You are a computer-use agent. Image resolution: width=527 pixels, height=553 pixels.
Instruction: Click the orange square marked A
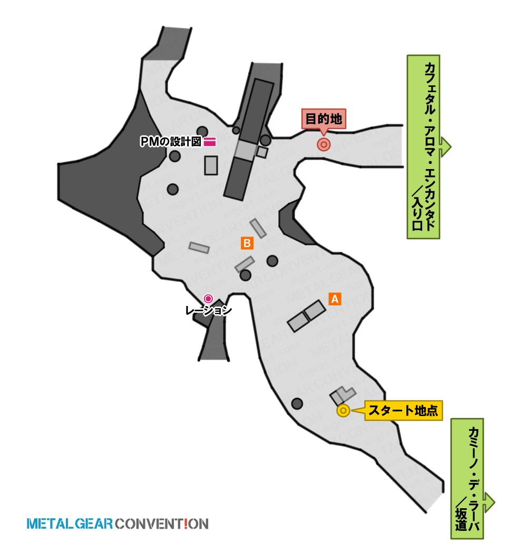(x=335, y=299)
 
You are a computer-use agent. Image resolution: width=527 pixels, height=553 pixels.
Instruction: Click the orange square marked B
(x=247, y=243)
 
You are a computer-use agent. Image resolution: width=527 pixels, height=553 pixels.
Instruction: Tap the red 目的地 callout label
(x=324, y=119)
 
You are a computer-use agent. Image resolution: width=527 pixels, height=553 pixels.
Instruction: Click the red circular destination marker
(x=324, y=144)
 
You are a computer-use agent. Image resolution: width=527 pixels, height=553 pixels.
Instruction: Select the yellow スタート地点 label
(x=403, y=410)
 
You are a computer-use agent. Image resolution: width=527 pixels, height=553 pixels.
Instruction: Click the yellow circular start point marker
(x=343, y=410)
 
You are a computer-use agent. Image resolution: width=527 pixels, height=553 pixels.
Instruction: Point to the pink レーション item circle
(x=208, y=299)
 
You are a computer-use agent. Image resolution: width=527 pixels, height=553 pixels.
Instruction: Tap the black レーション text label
(x=208, y=310)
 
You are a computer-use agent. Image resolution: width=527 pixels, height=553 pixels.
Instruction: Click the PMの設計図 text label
(x=171, y=142)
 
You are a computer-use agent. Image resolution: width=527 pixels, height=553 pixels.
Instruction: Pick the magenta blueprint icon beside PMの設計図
(x=210, y=142)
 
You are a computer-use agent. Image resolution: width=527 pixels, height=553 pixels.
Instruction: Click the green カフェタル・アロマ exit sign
(x=423, y=147)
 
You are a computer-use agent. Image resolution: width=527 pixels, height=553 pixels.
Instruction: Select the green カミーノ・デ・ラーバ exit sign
(x=467, y=479)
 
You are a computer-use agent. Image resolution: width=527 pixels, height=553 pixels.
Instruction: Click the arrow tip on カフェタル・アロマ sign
(x=451, y=147)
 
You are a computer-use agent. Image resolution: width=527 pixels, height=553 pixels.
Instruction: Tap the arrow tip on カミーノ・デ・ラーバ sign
(x=495, y=502)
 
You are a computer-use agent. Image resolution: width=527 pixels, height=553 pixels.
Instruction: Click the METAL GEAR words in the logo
(x=70, y=524)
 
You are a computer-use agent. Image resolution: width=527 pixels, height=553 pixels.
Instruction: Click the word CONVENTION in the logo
(x=162, y=524)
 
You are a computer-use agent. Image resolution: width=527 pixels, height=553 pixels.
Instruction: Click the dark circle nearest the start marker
(x=297, y=403)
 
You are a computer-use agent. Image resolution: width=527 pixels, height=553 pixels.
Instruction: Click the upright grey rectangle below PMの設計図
(x=211, y=165)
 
